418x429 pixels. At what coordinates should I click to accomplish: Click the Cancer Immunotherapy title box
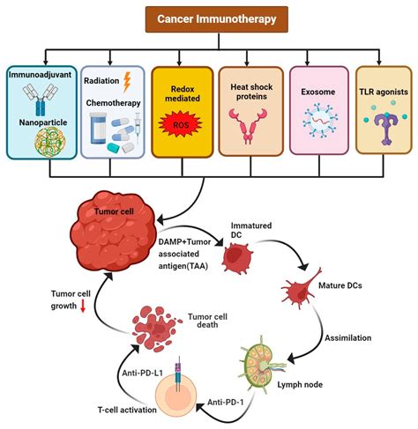[x=209, y=18]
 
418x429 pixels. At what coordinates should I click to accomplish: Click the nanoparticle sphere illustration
[x=41, y=141]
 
